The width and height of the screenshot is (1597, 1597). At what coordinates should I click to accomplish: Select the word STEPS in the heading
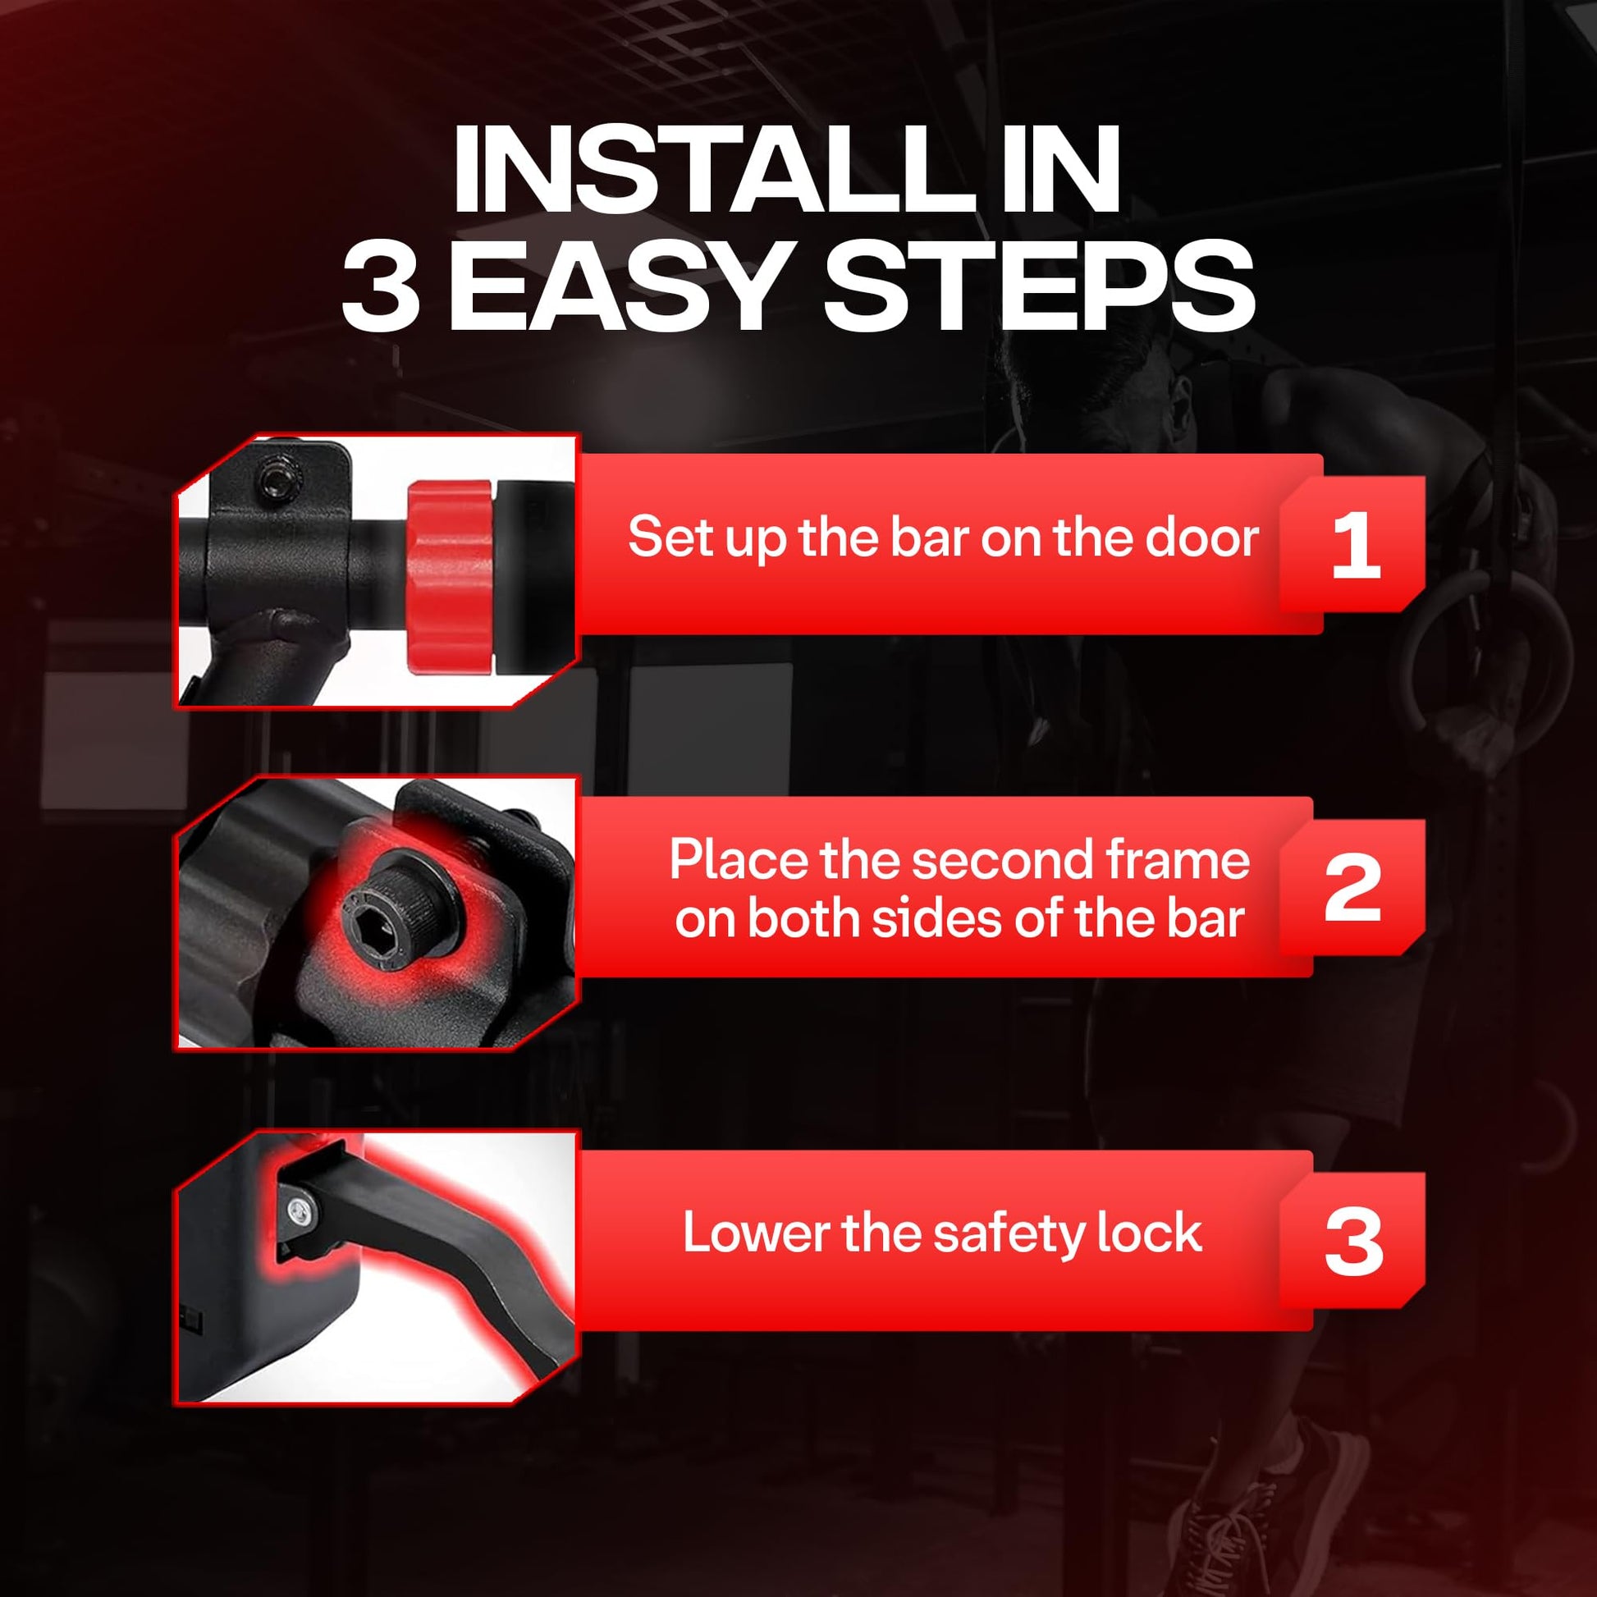1040,286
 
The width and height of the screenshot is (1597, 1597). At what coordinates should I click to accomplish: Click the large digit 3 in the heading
379,286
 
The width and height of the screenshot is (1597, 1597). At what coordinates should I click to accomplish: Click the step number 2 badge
1352,887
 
